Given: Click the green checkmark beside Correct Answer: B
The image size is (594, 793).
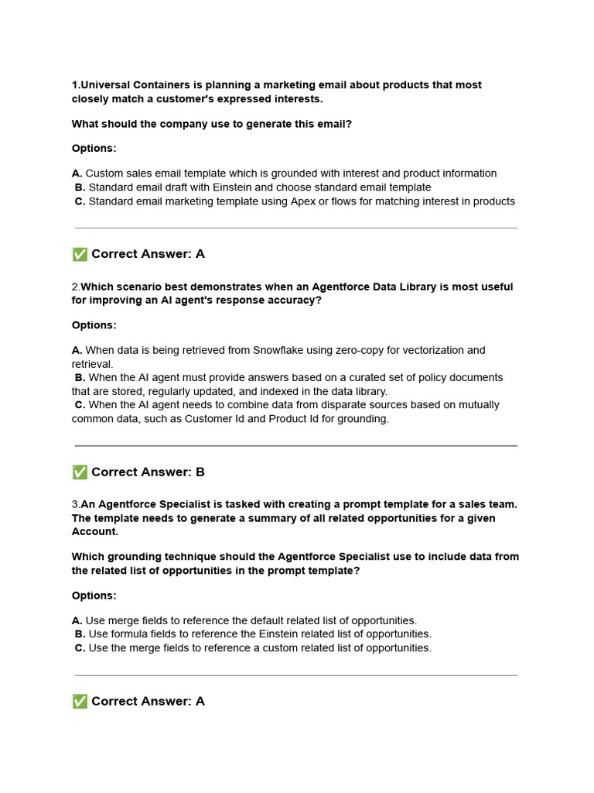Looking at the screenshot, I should [79, 472].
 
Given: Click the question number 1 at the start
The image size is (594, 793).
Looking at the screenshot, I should [74, 85].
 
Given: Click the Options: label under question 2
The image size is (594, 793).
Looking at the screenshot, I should [94, 325].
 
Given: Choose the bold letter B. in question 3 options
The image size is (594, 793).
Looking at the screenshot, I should [80, 634].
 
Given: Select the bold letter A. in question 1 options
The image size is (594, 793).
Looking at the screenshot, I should [77, 173].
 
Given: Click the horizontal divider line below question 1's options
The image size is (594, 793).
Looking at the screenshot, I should [296, 228].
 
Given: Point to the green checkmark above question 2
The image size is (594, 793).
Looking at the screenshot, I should [79, 254].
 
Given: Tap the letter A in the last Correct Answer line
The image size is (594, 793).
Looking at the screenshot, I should [200, 701].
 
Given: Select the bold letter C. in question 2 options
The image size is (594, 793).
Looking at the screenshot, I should [80, 405].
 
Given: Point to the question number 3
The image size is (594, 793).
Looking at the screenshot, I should [74, 504].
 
